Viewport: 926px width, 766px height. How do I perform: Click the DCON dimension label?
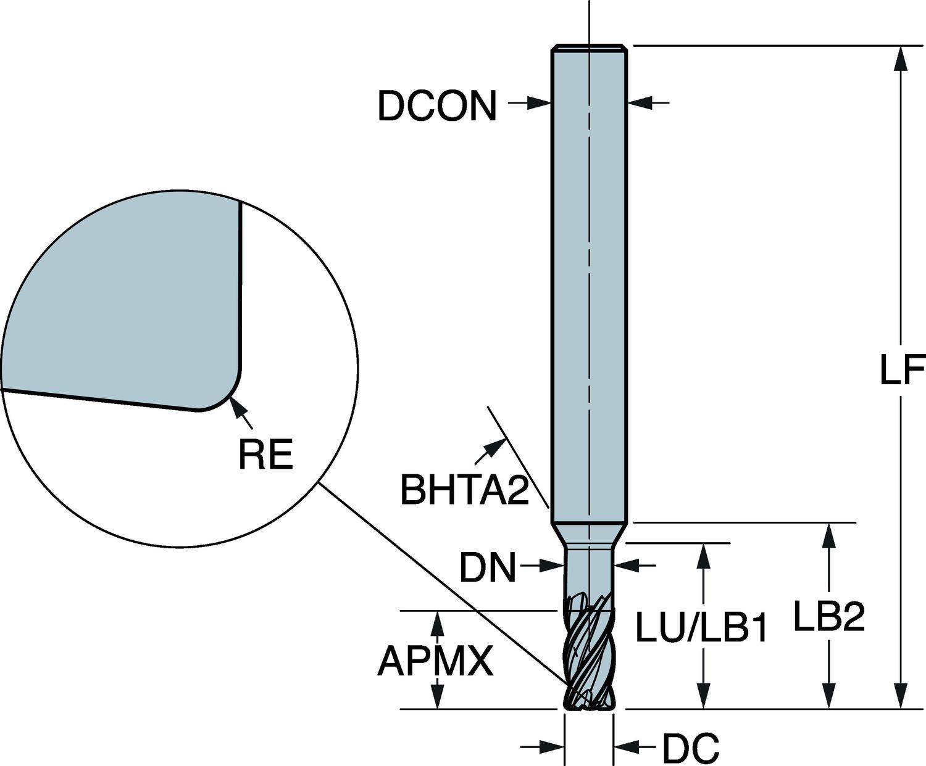pyautogui.click(x=436, y=106)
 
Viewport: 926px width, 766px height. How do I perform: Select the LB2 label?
pyautogui.click(x=828, y=617)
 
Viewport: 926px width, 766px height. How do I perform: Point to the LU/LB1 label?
pyautogui.click(x=701, y=629)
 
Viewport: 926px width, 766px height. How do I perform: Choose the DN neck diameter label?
pyautogui.click(x=487, y=567)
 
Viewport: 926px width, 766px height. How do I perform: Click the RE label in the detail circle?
pyautogui.click(x=265, y=455)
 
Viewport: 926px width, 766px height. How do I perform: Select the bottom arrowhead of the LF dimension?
pyautogui.click(x=902, y=698)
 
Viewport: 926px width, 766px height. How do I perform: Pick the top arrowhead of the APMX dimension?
pyautogui.click(x=438, y=622)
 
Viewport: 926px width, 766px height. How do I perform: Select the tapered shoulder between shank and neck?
pyautogui.click(x=589, y=532)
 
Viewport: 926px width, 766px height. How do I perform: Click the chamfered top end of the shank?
pyautogui.click(x=590, y=47)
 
